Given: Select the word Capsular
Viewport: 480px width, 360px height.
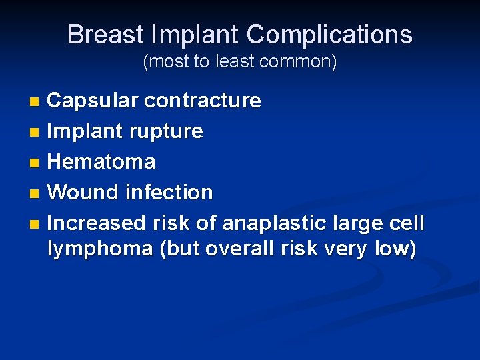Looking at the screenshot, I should tap(93, 101).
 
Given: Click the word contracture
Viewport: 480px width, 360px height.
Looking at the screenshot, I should tap(203, 101).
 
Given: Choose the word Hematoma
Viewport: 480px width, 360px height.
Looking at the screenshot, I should tap(102, 161).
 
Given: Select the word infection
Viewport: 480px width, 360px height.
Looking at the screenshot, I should tap(169, 193).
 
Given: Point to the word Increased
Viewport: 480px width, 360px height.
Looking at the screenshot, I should tap(97, 222).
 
